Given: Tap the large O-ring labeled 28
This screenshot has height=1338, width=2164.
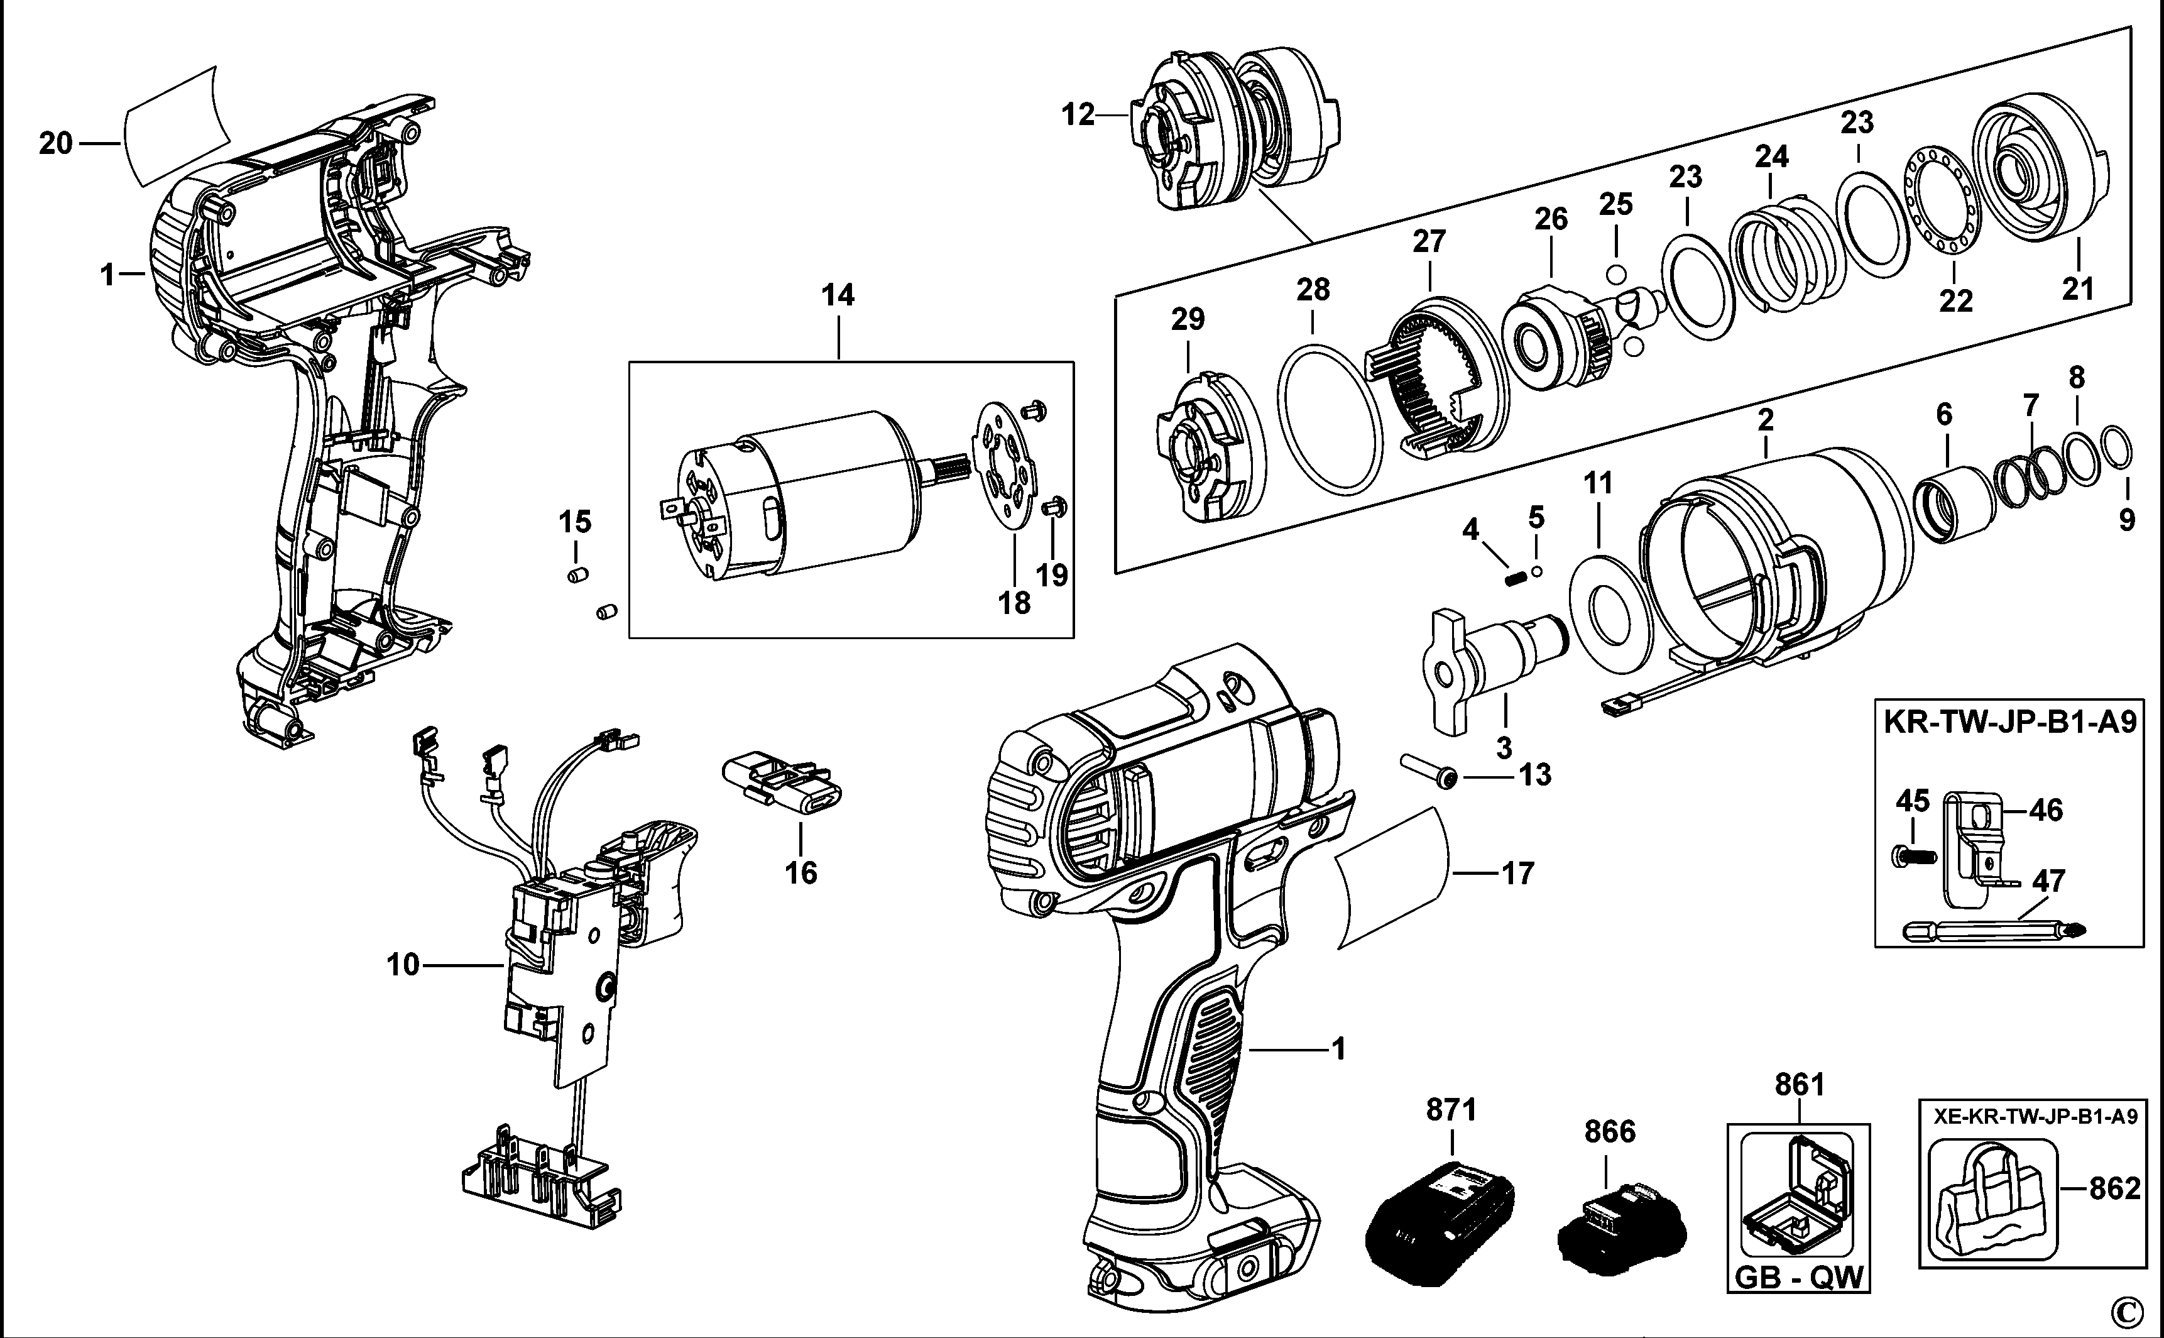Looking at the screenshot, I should point(1330,416).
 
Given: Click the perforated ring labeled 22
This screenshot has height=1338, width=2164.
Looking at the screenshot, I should point(1938,213).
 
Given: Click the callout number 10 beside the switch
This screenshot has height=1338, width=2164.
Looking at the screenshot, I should point(403,965).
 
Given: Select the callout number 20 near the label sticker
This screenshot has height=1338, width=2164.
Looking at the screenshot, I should point(55,143).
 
